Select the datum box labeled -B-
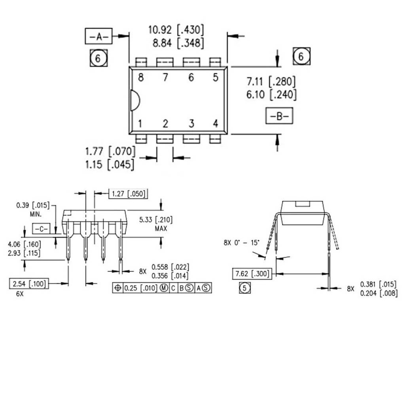(x=278, y=116)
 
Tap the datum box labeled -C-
(x=40, y=229)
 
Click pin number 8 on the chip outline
(x=141, y=78)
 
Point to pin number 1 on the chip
(x=140, y=124)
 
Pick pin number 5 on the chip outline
(x=215, y=78)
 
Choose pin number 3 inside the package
(x=191, y=124)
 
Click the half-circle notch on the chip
(x=134, y=100)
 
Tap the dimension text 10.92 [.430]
(x=176, y=30)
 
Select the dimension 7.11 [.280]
(x=271, y=82)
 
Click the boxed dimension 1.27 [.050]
(x=127, y=194)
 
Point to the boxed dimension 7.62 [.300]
(x=252, y=274)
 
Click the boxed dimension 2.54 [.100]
(x=29, y=284)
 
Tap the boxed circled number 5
(x=245, y=288)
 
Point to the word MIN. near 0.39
(x=36, y=214)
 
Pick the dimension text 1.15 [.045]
(x=110, y=164)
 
